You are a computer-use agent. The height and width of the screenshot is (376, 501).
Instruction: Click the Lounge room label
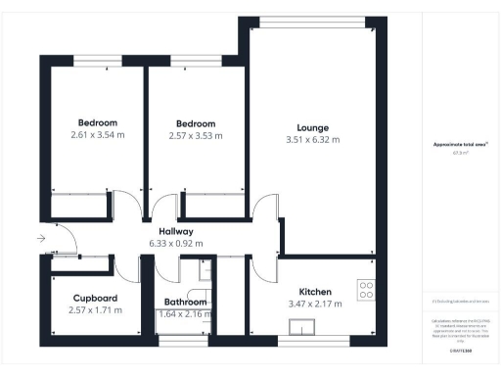tap(313, 127)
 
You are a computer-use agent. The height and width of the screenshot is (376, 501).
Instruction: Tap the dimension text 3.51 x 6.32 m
tap(313, 140)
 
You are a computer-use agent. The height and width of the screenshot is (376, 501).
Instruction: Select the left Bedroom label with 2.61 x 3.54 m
tap(98, 122)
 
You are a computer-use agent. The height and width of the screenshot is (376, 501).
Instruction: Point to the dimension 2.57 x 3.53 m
tap(196, 135)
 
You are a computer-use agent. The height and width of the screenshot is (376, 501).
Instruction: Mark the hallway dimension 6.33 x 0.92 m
tap(176, 244)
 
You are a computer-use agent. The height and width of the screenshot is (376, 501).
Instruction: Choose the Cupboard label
tap(96, 298)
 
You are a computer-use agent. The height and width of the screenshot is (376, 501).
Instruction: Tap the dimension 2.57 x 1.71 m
tap(96, 310)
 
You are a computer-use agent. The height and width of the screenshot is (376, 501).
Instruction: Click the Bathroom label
tap(185, 303)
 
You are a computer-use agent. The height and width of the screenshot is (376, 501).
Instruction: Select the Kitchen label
tap(315, 292)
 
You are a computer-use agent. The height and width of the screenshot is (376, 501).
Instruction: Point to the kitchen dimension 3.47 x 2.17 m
tap(315, 305)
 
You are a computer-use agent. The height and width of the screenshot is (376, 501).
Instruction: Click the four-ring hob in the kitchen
tap(368, 290)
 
